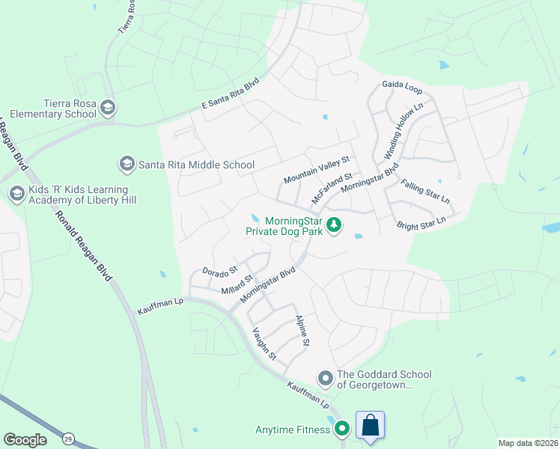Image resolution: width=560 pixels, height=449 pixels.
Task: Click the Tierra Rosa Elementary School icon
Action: [108, 108]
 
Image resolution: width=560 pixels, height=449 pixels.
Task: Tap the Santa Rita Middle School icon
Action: [127, 163]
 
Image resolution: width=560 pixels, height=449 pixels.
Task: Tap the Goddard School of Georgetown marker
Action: [325, 379]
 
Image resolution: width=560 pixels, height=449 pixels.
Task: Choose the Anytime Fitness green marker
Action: [342, 429]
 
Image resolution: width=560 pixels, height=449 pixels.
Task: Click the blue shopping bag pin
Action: [370, 427]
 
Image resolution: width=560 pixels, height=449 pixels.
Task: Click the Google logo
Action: [25, 439]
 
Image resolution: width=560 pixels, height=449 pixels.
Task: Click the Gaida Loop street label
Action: [402, 88]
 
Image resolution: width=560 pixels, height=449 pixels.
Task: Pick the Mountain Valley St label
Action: [317, 171]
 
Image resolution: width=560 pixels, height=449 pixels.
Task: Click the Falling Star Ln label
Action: [425, 192]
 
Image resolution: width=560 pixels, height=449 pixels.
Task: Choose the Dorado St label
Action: [219, 269]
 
